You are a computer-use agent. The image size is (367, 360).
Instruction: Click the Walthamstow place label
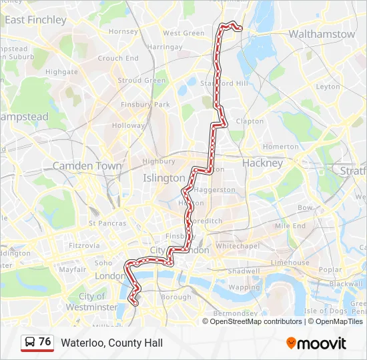click(x=322, y=33)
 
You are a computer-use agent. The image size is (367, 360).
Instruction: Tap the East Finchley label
click(x=35, y=20)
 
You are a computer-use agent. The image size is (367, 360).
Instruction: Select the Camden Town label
click(x=87, y=165)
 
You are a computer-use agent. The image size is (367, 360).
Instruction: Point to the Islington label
click(x=163, y=178)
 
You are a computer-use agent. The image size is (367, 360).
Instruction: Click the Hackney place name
click(x=262, y=163)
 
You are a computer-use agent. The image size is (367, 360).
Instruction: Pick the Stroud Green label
click(x=141, y=81)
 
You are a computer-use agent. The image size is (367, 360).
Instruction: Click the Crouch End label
click(x=119, y=58)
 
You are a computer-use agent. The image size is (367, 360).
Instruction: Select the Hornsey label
click(x=123, y=31)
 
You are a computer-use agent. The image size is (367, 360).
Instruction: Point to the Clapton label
click(x=250, y=121)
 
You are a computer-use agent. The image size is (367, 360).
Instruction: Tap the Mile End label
click(x=290, y=226)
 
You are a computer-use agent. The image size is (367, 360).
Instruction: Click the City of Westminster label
click(x=91, y=301)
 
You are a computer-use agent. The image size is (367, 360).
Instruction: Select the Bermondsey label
click(x=234, y=313)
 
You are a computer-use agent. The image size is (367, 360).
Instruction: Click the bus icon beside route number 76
click(x=30, y=343)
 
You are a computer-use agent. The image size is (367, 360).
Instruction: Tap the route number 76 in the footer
click(x=45, y=342)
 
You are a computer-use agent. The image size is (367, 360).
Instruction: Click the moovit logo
click(x=316, y=343)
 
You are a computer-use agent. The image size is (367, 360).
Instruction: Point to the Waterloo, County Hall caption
click(x=112, y=343)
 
